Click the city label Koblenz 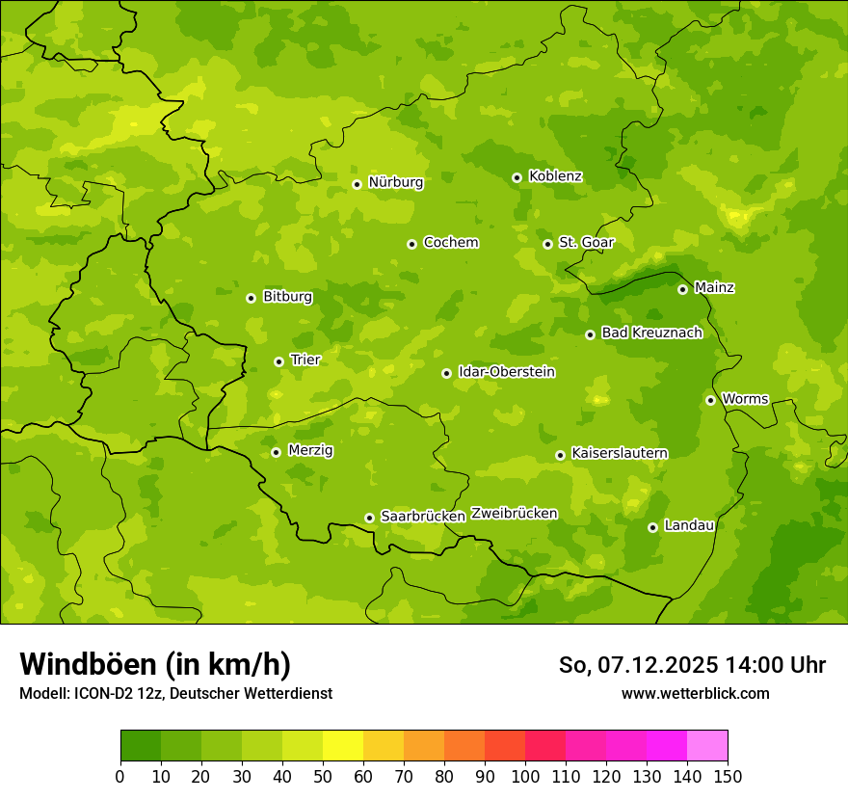point(555,176)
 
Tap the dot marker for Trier point(278,361)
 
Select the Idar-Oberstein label point(507,372)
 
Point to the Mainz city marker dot point(682,289)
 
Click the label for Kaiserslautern point(620,453)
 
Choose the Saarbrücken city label point(423,517)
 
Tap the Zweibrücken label point(515,514)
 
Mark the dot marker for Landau point(652,527)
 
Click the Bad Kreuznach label point(651,333)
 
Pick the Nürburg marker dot point(357,184)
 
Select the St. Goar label point(586,243)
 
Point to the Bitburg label point(287,297)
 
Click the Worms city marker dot point(710,400)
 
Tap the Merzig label point(311,450)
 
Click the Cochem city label point(451,243)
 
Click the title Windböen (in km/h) point(154,664)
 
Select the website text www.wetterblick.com point(695,693)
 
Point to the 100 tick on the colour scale point(525,776)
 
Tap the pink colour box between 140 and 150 point(707,745)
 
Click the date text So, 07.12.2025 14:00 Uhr point(692,665)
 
